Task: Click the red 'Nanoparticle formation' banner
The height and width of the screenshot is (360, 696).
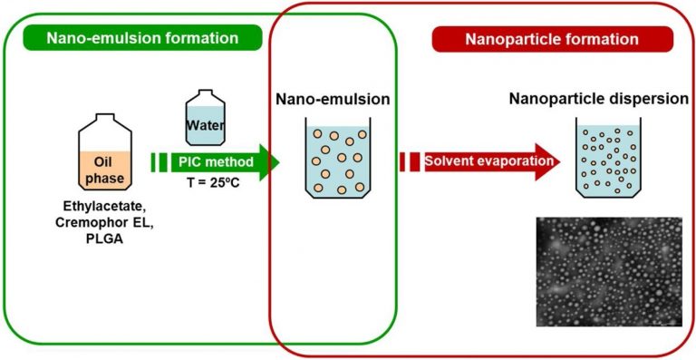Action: point(551,39)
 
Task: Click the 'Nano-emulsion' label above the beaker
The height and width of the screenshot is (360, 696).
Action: point(336,98)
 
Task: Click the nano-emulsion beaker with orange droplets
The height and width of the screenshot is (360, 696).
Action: point(338,160)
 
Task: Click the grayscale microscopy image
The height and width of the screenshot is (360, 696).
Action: point(609,271)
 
